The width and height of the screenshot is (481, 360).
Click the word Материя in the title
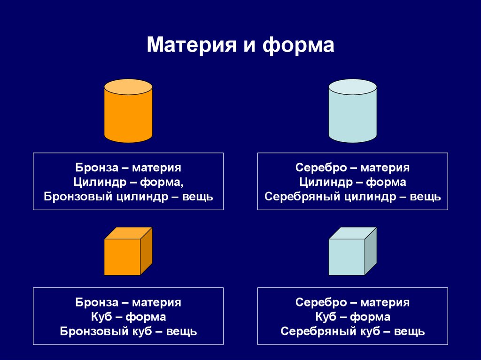coord(192,45)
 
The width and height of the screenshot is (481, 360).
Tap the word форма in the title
coord(298,45)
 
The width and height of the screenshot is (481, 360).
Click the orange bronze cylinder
coord(128,111)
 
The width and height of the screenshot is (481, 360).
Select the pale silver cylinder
coord(353,111)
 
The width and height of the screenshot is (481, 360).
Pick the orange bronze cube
coord(128,251)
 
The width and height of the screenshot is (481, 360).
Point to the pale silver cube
coord(353,251)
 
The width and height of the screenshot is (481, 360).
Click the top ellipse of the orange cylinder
coord(128,87)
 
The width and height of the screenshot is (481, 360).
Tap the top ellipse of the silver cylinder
coord(353,87)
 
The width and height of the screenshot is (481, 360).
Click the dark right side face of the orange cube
coord(147,251)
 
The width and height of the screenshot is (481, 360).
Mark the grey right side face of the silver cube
coord(371,251)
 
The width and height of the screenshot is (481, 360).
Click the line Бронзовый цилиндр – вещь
coord(128,196)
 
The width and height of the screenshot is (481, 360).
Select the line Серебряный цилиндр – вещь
coord(353,196)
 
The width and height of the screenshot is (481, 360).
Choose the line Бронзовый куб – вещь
coord(128,331)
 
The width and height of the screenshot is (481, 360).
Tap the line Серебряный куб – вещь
coord(353,331)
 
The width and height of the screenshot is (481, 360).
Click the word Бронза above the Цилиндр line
coord(97,168)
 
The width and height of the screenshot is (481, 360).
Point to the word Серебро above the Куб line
coord(321,302)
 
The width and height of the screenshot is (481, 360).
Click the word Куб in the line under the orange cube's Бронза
coord(101,317)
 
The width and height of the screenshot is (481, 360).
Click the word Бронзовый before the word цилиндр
coord(78,196)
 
